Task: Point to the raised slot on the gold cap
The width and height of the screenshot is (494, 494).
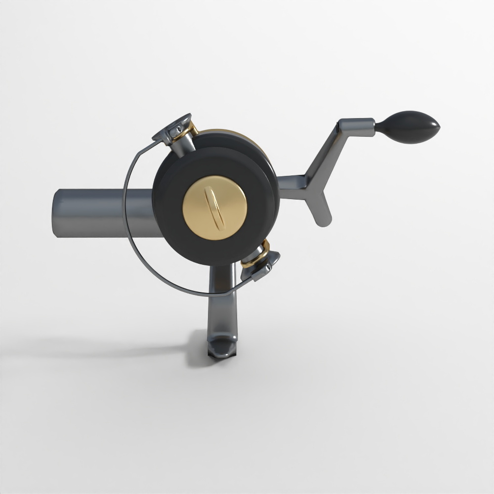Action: click(x=216, y=208)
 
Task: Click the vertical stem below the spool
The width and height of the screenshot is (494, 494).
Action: click(x=222, y=306)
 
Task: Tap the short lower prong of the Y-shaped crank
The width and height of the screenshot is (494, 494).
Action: click(x=320, y=210)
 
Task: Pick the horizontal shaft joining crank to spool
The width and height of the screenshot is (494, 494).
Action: click(x=291, y=188)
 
